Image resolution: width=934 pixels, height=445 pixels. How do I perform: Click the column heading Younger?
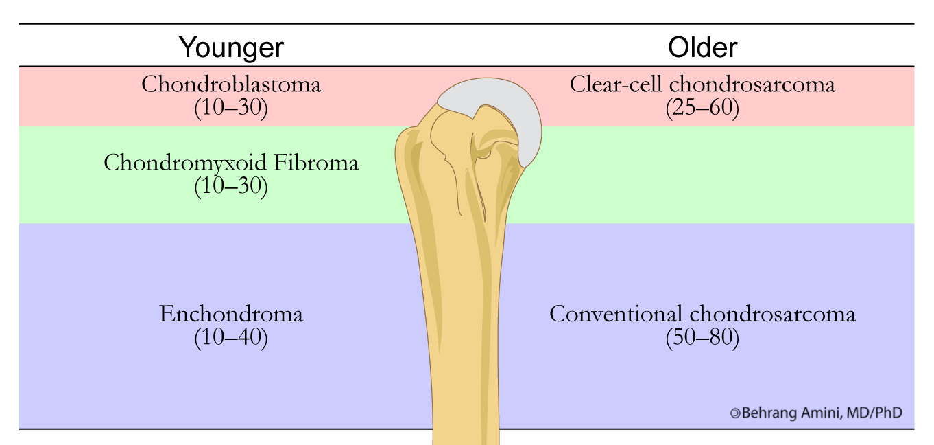(x=231, y=47)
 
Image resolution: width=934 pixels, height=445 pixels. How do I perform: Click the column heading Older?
(x=703, y=47)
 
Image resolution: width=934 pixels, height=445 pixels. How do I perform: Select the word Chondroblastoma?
(x=231, y=84)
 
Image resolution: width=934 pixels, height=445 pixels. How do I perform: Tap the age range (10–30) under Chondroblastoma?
(x=231, y=108)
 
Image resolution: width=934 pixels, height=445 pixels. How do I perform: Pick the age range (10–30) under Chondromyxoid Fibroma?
(x=231, y=186)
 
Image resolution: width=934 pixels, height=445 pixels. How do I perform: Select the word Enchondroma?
(x=231, y=315)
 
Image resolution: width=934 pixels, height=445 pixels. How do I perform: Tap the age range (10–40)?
(x=231, y=338)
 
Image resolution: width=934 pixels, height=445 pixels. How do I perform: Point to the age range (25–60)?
(x=702, y=108)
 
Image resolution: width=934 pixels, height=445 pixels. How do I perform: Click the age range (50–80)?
(x=702, y=338)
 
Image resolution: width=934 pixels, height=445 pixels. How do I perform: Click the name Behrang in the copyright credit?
(x=767, y=413)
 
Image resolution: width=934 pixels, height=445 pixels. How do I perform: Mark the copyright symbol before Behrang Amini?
(x=735, y=413)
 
